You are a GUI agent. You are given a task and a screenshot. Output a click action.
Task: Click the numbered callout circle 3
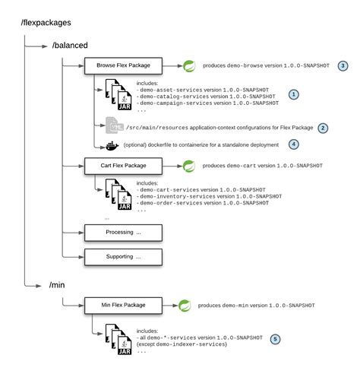point(343,66)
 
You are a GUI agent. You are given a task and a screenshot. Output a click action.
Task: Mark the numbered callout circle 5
point(274,338)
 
